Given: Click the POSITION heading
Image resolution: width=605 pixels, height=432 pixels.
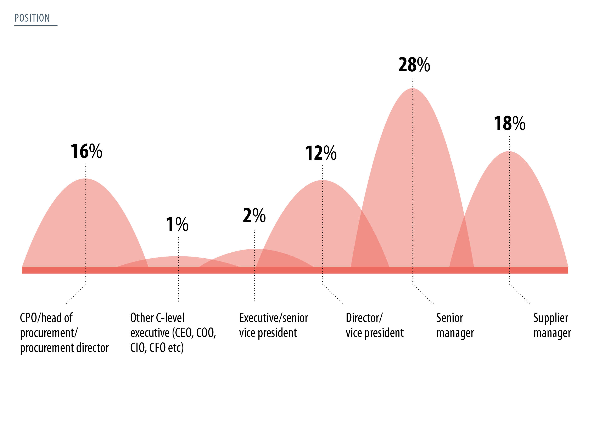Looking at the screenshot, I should pyautogui.click(x=32, y=18).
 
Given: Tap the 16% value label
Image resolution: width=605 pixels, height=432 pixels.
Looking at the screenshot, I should pyautogui.click(x=86, y=151).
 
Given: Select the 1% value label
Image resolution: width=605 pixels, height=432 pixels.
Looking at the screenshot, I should pyautogui.click(x=177, y=224).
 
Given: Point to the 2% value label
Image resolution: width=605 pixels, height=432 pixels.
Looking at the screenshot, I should pyautogui.click(x=254, y=215).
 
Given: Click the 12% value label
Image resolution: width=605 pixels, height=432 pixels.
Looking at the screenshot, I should pyautogui.click(x=321, y=153).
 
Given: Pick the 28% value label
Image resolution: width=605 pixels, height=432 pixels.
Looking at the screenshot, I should pyautogui.click(x=414, y=65).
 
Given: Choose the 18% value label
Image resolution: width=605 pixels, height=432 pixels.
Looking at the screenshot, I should pyautogui.click(x=509, y=123).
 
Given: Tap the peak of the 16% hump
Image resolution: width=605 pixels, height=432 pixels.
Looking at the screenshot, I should pyautogui.click(x=86, y=179).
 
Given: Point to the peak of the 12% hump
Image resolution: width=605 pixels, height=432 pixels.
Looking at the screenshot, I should pyautogui.click(x=323, y=181).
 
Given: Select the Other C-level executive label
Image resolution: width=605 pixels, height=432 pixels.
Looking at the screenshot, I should pyautogui.click(x=173, y=332).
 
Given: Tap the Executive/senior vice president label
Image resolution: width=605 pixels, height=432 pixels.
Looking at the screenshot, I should pyautogui.click(x=274, y=325).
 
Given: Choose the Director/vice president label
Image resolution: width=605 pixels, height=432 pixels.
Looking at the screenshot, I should pyautogui.click(x=375, y=325).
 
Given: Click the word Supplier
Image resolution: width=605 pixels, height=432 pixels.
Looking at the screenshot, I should pyautogui.click(x=550, y=318).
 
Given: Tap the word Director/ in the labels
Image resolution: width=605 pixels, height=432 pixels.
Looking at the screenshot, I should pyautogui.click(x=364, y=318).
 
